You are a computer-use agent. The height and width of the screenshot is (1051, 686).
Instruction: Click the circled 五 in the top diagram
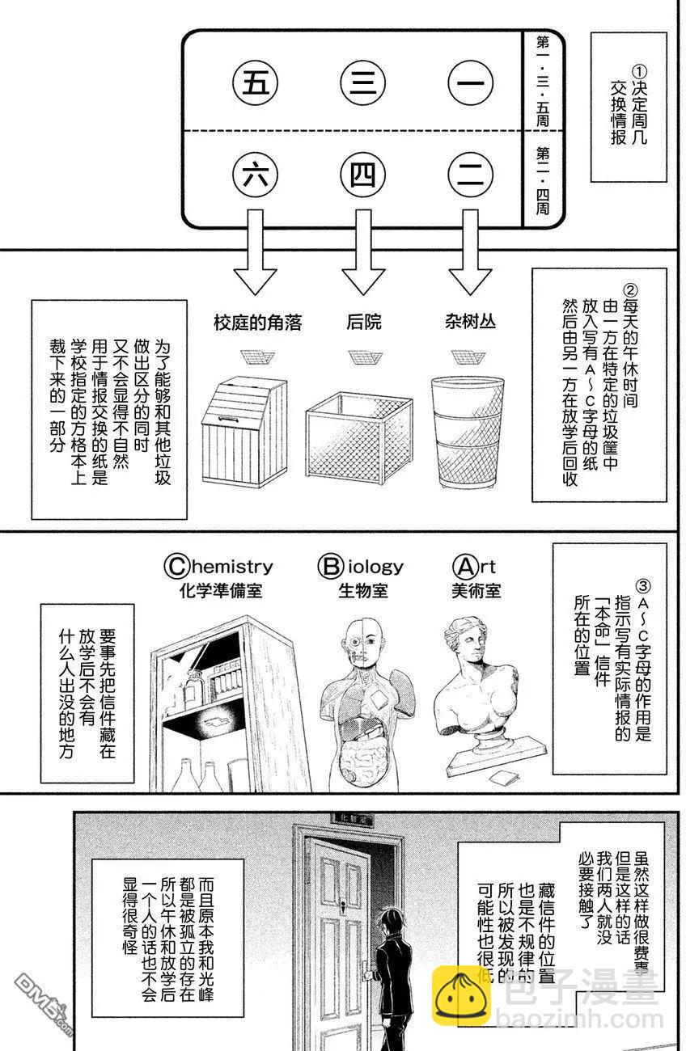pos(256,84)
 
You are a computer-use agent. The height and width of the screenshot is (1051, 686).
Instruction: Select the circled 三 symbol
pos(362,84)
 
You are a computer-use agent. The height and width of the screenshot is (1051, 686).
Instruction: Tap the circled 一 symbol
pos(471,84)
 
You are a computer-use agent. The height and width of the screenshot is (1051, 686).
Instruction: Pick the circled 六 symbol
pos(256,175)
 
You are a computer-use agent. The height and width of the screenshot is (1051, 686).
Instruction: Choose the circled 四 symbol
pos(362,175)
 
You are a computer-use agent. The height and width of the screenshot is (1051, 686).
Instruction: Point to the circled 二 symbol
pos(471,175)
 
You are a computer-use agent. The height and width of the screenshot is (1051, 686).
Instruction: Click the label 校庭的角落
pos(257,323)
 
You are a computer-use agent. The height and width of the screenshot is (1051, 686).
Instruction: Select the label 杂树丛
pos(470,323)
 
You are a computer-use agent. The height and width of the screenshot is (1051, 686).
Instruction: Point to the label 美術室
pos(476,591)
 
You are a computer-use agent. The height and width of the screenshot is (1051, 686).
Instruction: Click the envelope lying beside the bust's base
pos(506,778)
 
